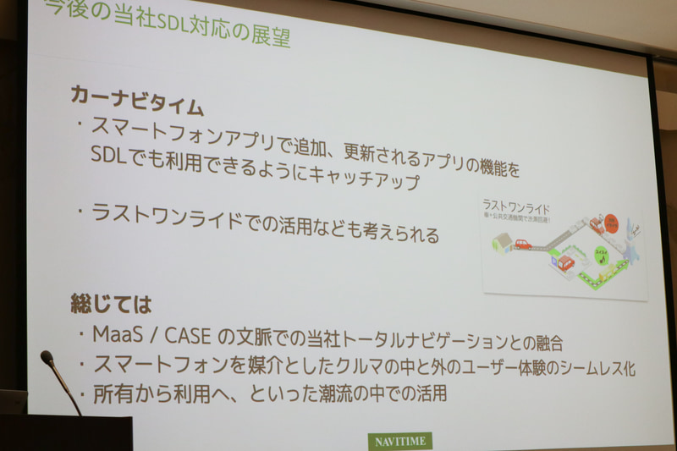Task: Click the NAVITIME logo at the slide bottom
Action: pos(400,441)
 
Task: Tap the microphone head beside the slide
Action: pos(47,358)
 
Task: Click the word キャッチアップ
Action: pos(356,179)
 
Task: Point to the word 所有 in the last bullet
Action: pos(107,392)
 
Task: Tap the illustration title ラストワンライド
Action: pos(514,206)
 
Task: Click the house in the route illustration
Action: pos(502,243)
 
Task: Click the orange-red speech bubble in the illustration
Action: pos(608,223)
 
